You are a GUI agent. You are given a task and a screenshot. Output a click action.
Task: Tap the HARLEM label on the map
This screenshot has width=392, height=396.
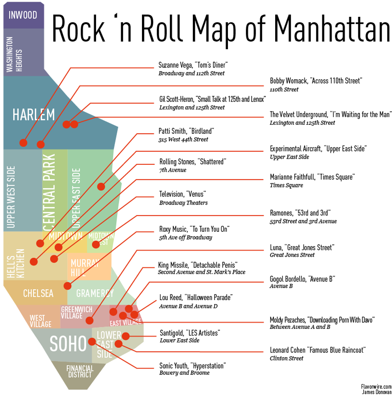pyautogui.click(x=34, y=115)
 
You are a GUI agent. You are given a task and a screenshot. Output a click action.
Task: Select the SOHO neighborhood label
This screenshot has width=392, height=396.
pyautogui.click(x=68, y=343)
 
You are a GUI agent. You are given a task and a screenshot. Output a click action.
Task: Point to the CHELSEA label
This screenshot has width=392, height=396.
pyautogui.click(x=38, y=293)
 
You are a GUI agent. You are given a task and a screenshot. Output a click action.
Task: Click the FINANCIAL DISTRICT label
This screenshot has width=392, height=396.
pyautogui.click(x=80, y=371)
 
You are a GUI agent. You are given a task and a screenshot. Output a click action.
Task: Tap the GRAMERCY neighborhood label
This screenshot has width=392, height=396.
pyautogui.click(x=95, y=293)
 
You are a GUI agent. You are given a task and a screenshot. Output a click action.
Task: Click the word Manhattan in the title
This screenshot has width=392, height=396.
pyautogui.click(x=332, y=28)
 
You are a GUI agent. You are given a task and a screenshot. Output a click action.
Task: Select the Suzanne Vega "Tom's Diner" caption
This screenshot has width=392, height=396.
pyautogui.click(x=193, y=65)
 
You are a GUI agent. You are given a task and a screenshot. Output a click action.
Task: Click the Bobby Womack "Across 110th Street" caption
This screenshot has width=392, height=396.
pyautogui.click(x=316, y=81)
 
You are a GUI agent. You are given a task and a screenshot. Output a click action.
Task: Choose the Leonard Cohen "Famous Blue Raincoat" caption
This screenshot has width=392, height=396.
pyautogui.click(x=318, y=350)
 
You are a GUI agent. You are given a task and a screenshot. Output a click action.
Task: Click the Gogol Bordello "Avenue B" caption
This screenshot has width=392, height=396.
pyautogui.click(x=302, y=279)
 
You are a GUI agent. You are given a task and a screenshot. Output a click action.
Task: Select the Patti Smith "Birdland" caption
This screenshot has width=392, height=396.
pyautogui.click(x=187, y=131)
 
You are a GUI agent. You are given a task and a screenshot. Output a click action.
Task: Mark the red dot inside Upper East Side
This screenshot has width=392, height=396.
pyautogui.click(x=101, y=186)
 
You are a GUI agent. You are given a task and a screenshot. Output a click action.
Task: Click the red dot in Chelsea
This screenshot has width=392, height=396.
pyautogui.click(x=67, y=286)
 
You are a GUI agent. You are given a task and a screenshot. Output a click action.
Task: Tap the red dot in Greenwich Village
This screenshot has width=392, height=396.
pyautogui.click(x=90, y=320)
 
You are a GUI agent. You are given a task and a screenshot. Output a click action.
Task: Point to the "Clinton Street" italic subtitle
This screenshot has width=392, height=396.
pyautogui.click(x=286, y=358)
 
